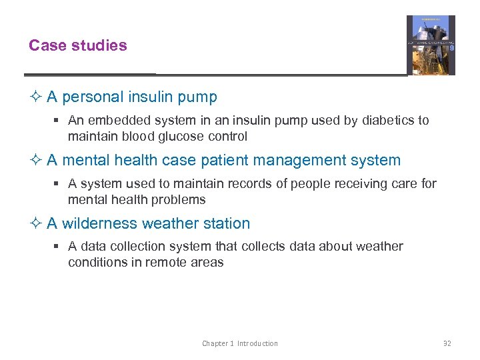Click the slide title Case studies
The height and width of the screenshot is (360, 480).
pos(77,45)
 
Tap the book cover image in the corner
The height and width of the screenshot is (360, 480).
pos(431,45)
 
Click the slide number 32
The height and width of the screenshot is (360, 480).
pos(447,343)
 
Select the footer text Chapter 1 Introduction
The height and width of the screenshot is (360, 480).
pos(240,343)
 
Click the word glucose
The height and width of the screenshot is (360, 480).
pos(176,137)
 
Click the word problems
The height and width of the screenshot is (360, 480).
pos(180,200)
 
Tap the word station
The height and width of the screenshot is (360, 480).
pos(227,223)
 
